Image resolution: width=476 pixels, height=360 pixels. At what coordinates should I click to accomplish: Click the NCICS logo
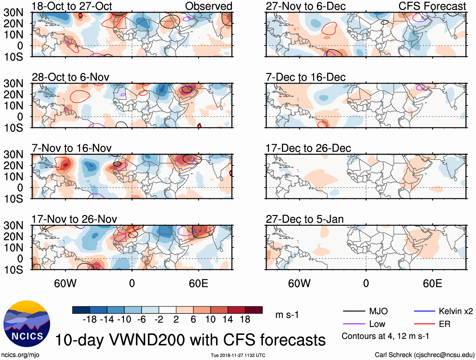[x=27, y=324]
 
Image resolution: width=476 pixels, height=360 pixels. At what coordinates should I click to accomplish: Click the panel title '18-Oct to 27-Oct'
[x=72, y=6]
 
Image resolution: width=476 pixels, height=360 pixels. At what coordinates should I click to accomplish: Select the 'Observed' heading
[x=208, y=6]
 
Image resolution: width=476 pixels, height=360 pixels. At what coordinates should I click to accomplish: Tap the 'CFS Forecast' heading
[x=432, y=6]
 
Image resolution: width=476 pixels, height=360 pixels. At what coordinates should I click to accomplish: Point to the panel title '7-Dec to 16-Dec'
[x=305, y=77]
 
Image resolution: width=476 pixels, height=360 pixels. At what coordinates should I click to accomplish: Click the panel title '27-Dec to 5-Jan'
[x=305, y=219]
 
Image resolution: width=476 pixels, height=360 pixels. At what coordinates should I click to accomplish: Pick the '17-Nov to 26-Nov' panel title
[x=74, y=219]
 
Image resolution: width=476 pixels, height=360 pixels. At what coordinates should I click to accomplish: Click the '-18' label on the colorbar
[x=90, y=320]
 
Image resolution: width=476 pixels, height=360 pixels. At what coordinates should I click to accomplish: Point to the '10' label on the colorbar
[x=210, y=320]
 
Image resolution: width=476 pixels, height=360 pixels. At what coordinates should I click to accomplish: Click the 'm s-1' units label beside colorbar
[x=287, y=315]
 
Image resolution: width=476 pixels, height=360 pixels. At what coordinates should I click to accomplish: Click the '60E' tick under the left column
[x=198, y=283]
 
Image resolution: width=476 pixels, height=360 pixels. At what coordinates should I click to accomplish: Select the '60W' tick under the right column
[x=299, y=283]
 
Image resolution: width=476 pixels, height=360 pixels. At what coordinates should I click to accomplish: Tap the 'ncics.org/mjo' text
[x=20, y=355]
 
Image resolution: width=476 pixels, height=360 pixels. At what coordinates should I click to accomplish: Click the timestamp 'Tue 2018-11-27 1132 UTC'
[x=238, y=355]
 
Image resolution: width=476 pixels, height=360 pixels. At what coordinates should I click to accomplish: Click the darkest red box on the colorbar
[x=254, y=310]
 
